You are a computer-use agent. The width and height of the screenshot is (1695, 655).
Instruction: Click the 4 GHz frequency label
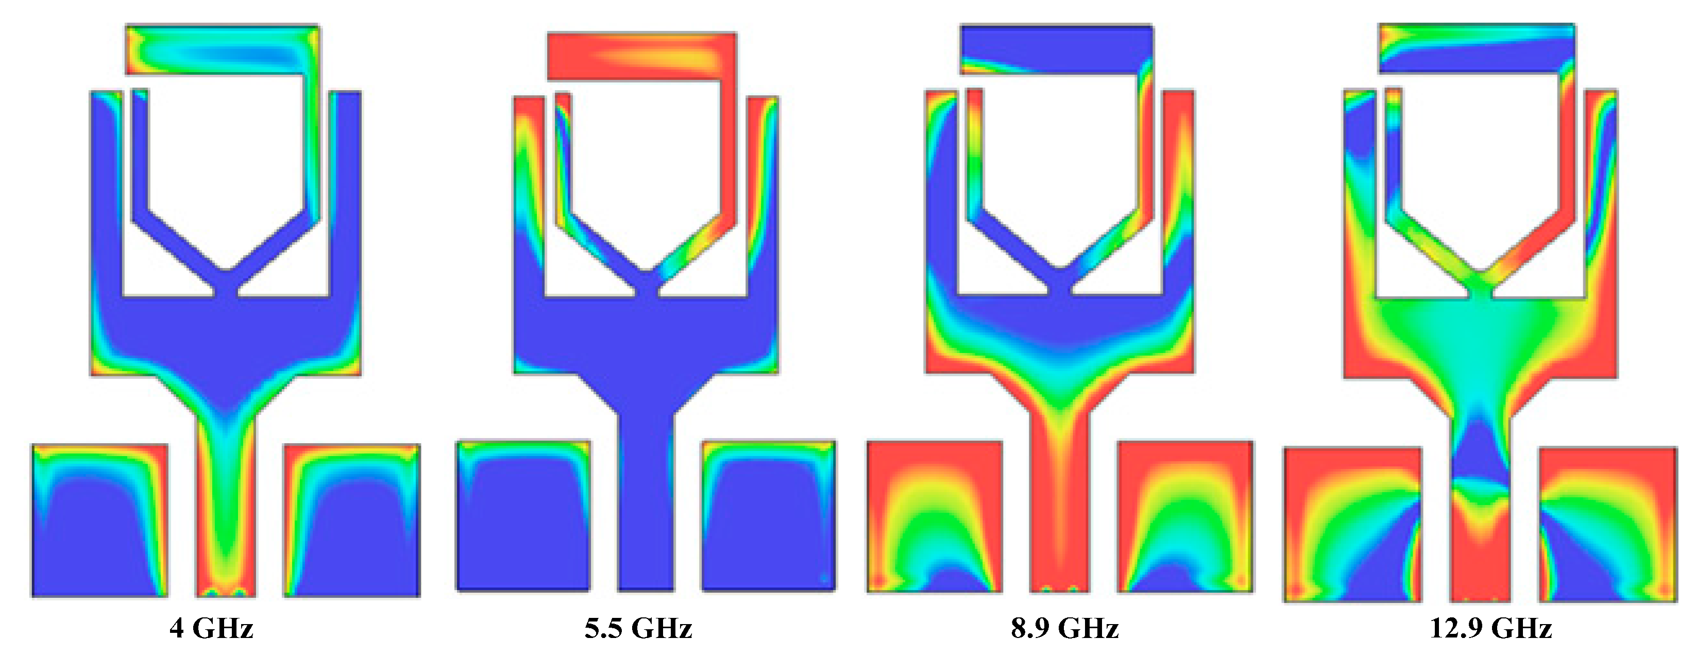coord(211,628)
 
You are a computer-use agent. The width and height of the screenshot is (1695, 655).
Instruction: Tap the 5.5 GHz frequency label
coord(638,628)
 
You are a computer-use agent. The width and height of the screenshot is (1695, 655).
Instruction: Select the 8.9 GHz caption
coord(1064,628)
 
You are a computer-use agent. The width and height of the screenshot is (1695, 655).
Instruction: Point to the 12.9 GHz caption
coord(1491,628)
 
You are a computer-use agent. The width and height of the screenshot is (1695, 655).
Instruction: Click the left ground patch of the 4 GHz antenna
coord(99,520)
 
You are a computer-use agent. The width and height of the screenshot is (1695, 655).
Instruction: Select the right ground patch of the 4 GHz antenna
coord(352,520)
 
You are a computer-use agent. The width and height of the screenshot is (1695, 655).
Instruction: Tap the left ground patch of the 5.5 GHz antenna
coord(523,515)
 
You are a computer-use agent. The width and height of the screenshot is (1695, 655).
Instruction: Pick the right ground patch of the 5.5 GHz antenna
coord(769,515)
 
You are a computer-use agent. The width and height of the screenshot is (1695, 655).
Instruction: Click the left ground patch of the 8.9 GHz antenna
coord(935,517)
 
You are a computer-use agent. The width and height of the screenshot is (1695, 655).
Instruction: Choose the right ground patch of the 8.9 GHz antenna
coord(1185,517)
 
